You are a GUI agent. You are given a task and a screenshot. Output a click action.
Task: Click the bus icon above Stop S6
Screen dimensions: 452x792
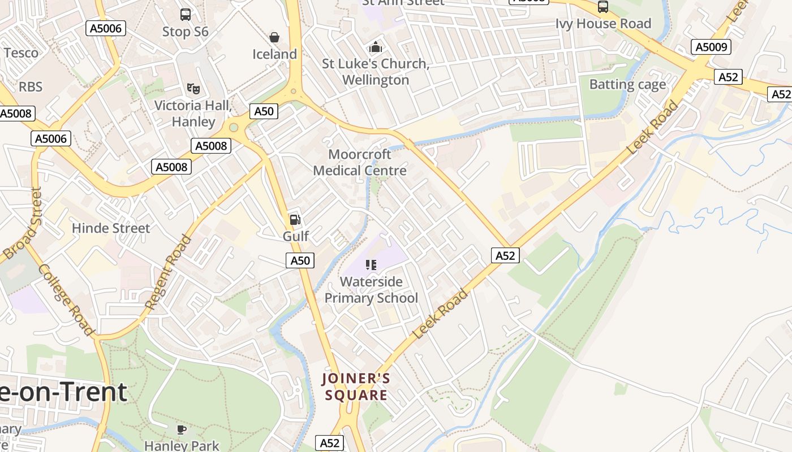(186, 15)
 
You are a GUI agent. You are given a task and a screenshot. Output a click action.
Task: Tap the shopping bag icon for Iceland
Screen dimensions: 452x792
(274, 38)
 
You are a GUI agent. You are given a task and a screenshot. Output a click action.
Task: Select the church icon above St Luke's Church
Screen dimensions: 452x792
(375, 47)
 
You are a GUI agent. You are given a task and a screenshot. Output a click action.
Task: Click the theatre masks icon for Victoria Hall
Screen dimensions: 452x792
(193, 88)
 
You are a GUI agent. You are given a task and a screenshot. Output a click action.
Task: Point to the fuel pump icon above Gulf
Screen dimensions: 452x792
(295, 220)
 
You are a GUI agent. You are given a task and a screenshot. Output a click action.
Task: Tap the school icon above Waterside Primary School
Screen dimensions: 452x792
(371, 264)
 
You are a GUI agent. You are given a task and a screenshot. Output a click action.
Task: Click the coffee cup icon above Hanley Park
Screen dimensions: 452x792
(182, 429)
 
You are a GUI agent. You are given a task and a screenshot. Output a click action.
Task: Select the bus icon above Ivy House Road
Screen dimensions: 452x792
(603, 7)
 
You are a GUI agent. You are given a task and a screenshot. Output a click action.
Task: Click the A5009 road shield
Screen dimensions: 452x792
(711, 47)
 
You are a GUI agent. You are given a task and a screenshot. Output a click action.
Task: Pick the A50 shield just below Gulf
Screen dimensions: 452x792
(300, 260)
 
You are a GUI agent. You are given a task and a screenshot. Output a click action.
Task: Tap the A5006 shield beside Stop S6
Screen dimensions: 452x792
(106, 28)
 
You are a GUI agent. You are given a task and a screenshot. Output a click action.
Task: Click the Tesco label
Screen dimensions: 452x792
(21, 53)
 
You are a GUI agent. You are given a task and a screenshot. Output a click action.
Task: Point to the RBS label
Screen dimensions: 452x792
(31, 86)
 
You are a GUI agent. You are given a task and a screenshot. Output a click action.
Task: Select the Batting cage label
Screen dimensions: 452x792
(627, 85)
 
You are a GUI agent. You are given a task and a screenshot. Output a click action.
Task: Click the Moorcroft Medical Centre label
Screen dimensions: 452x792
(360, 163)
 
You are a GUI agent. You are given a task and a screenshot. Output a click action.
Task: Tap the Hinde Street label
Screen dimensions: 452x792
(111, 228)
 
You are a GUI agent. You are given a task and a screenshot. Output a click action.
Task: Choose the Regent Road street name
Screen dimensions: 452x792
(169, 272)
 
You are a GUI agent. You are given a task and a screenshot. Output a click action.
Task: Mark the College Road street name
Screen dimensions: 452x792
(66, 299)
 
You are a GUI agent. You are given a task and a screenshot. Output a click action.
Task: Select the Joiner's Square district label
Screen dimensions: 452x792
(356, 386)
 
